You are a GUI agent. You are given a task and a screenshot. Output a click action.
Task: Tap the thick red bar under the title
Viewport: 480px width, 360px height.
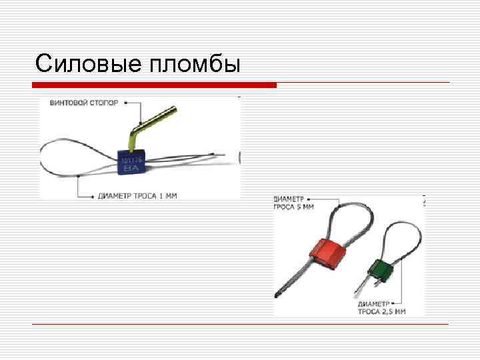154,85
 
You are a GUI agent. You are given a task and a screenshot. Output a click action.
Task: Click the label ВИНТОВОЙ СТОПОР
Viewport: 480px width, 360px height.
84,103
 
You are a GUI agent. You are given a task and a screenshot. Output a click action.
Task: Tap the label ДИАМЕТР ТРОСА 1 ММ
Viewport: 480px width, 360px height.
137,196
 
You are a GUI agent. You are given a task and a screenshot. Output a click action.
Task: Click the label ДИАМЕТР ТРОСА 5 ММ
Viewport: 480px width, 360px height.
294,203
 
